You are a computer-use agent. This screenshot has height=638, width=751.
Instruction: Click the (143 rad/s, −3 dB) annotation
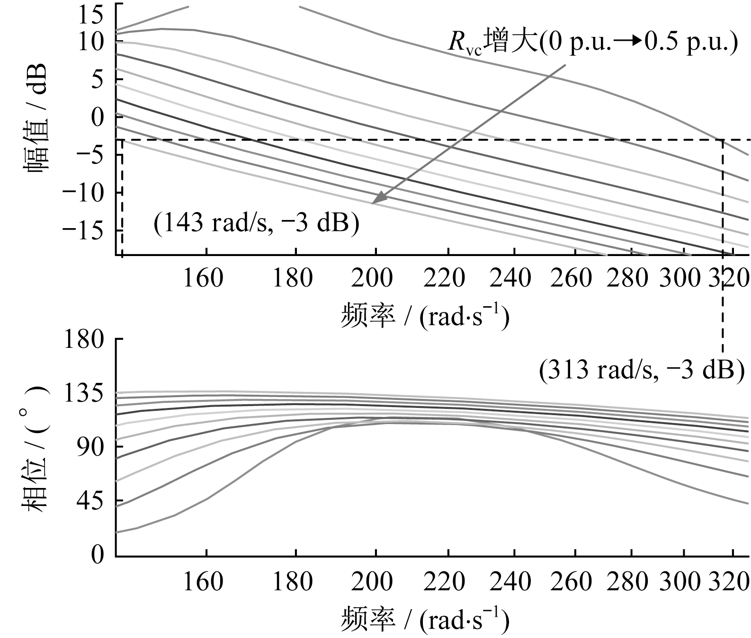[256, 222]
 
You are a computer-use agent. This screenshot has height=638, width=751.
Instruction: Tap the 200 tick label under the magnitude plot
[372, 278]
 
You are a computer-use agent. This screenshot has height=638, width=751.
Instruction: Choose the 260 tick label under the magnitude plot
[572, 278]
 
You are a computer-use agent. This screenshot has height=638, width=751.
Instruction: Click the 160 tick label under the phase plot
[202, 582]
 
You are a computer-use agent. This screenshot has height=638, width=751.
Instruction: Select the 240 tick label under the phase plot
[510, 582]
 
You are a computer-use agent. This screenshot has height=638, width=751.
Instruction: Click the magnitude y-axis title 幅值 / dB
[34, 119]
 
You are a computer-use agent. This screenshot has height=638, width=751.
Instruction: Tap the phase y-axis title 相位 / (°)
[34, 447]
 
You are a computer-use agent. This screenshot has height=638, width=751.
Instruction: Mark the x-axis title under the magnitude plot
[425, 317]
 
